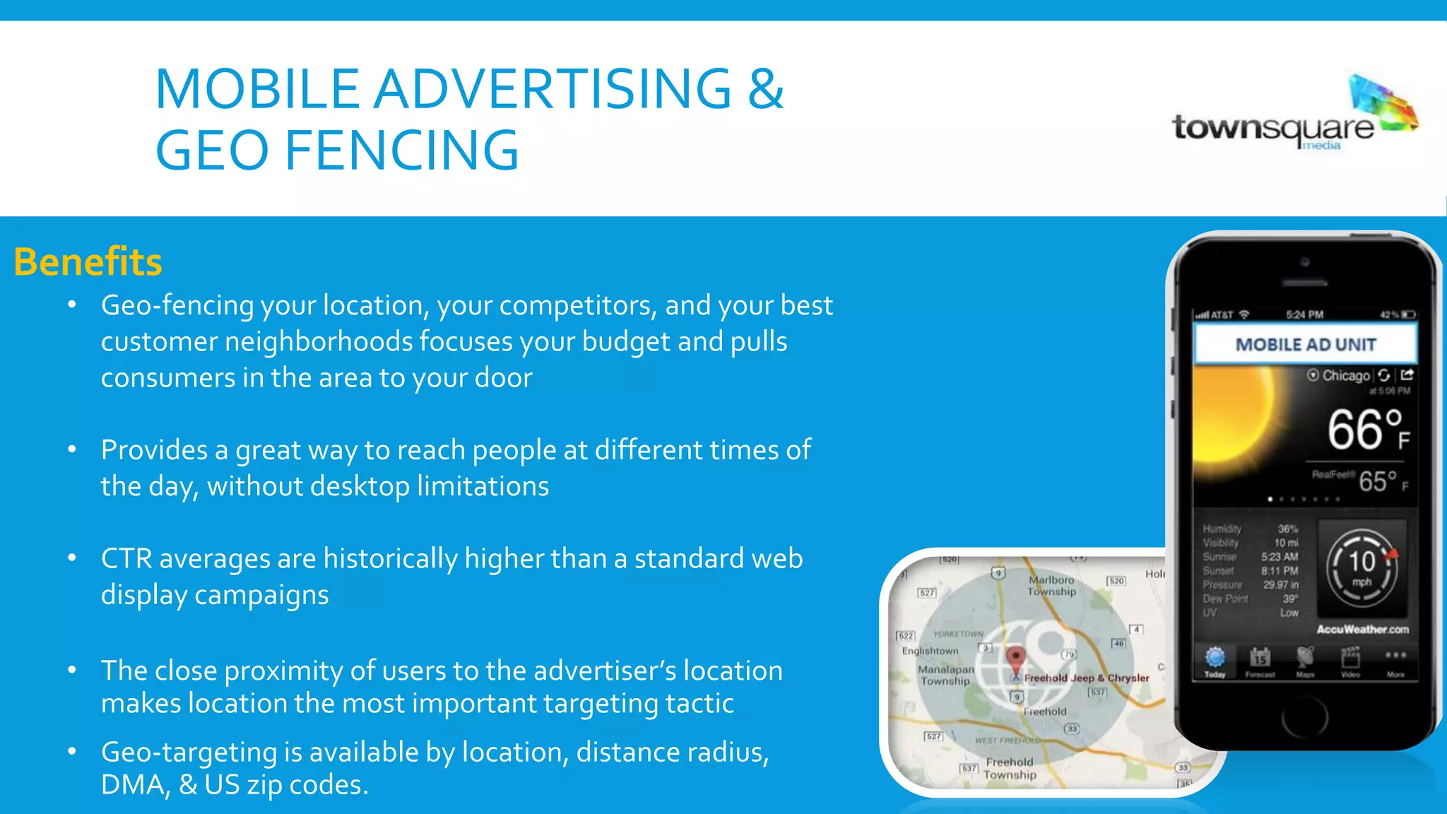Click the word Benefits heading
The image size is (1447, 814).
88,262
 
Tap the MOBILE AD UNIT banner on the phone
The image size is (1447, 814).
1305,345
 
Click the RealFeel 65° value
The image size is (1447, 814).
1378,481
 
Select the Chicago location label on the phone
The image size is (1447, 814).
1345,375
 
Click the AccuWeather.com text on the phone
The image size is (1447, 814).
1362,629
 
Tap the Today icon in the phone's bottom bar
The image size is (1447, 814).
1215,661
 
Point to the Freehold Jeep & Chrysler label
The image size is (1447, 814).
1087,678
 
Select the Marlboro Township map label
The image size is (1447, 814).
1051,586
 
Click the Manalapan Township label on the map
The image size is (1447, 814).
945,675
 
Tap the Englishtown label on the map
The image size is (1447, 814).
930,651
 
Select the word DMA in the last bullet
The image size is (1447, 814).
132,785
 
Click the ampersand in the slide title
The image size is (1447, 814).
766,89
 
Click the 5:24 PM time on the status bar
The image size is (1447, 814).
1304,314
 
